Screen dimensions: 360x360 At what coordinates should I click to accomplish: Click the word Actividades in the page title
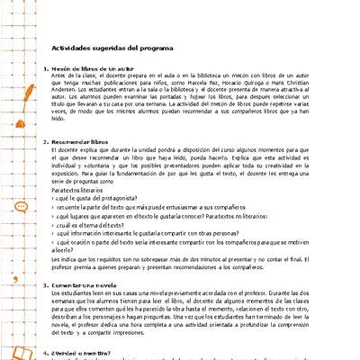69,45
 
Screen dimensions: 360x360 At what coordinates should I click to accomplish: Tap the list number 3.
44,285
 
